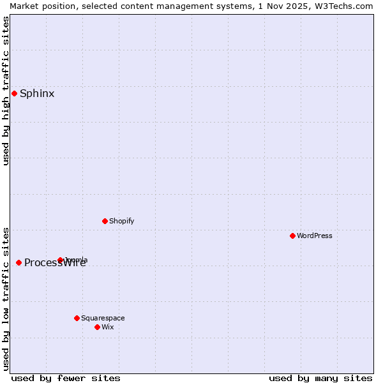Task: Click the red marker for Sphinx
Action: tap(14, 94)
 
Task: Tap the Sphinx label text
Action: tap(37, 94)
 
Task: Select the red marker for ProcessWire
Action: tap(19, 262)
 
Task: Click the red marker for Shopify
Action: tap(105, 221)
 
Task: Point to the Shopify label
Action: tap(122, 221)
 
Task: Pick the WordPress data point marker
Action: tap(292, 236)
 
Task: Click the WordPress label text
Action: tap(315, 236)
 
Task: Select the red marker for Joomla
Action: tap(61, 260)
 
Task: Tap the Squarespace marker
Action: tap(77, 318)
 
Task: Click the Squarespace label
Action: tap(103, 318)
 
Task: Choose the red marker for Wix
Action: tap(97, 327)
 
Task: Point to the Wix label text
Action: tap(108, 327)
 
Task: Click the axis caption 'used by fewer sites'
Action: tap(66, 378)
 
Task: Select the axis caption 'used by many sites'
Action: tap(320, 378)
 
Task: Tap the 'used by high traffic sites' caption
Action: tap(6, 91)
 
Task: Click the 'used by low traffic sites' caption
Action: tap(6, 298)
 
